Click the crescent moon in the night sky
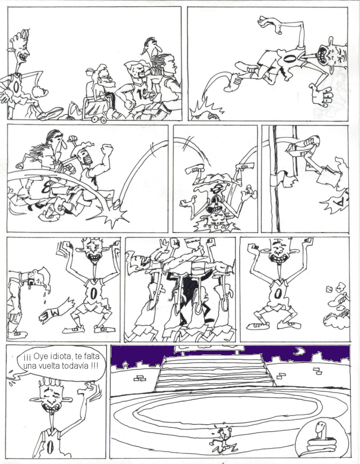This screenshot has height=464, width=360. click(300, 351)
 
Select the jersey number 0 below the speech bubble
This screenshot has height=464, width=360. click(50, 447)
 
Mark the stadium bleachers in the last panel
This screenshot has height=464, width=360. click(215, 372)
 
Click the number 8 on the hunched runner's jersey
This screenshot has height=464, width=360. click(47, 186)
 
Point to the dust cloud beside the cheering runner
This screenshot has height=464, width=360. click(338, 308)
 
